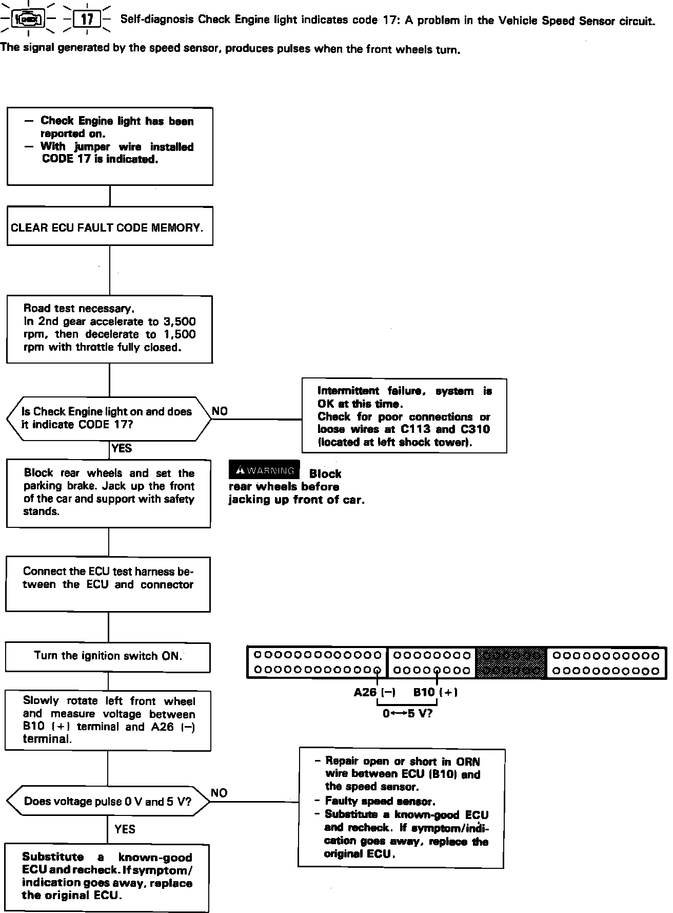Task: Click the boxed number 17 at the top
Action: pos(87,20)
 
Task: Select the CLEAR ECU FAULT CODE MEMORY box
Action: pos(110,226)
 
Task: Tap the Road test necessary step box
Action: pos(110,329)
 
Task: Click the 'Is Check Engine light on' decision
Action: pos(109,419)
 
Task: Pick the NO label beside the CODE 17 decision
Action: pos(220,411)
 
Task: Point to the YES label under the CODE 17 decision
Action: pos(122,448)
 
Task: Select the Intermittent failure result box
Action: pos(404,416)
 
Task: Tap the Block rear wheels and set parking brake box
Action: pos(109,493)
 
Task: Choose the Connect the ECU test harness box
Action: pos(108,584)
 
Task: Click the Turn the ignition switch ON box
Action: pos(108,657)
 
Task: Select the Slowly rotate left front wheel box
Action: pos(108,720)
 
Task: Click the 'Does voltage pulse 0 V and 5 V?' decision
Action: pos(108,801)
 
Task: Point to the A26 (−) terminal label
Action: pos(374,692)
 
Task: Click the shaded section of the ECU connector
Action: pos(511,662)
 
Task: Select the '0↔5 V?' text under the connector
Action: pos(407,713)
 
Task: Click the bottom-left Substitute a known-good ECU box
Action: pos(107,877)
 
